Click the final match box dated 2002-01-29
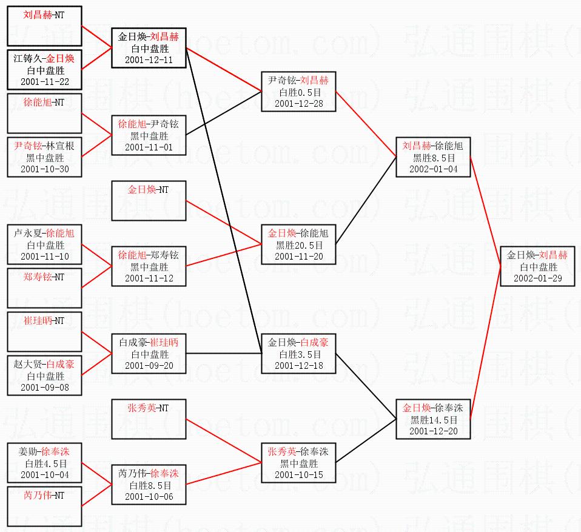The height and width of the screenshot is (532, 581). tap(537, 266)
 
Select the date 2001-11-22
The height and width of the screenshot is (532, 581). tap(44, 81)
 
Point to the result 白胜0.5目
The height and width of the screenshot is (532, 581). tap(298, 92)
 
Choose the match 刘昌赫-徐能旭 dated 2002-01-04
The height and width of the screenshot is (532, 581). tap(433, 157)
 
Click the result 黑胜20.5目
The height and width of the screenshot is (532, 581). tap(298, 245)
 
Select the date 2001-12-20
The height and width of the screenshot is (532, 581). tap(433, 431)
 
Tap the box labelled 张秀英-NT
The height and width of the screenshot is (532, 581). tap(149, 419)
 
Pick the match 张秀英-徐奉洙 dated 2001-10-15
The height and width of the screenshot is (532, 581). tap(298, 463)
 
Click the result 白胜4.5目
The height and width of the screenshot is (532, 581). tap(44, 463)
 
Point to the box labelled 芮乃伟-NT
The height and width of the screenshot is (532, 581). tap(44, 506)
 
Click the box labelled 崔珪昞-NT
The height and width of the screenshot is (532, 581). tap(44, 331)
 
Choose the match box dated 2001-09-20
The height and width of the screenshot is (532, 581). tap(149, 354)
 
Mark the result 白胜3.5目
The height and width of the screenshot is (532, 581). tap(298, 354)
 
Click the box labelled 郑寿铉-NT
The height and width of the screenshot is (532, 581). tap(44, 288)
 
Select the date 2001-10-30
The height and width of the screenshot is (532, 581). tap(44, 169)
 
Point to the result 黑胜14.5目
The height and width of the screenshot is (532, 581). tap(433, 420)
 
